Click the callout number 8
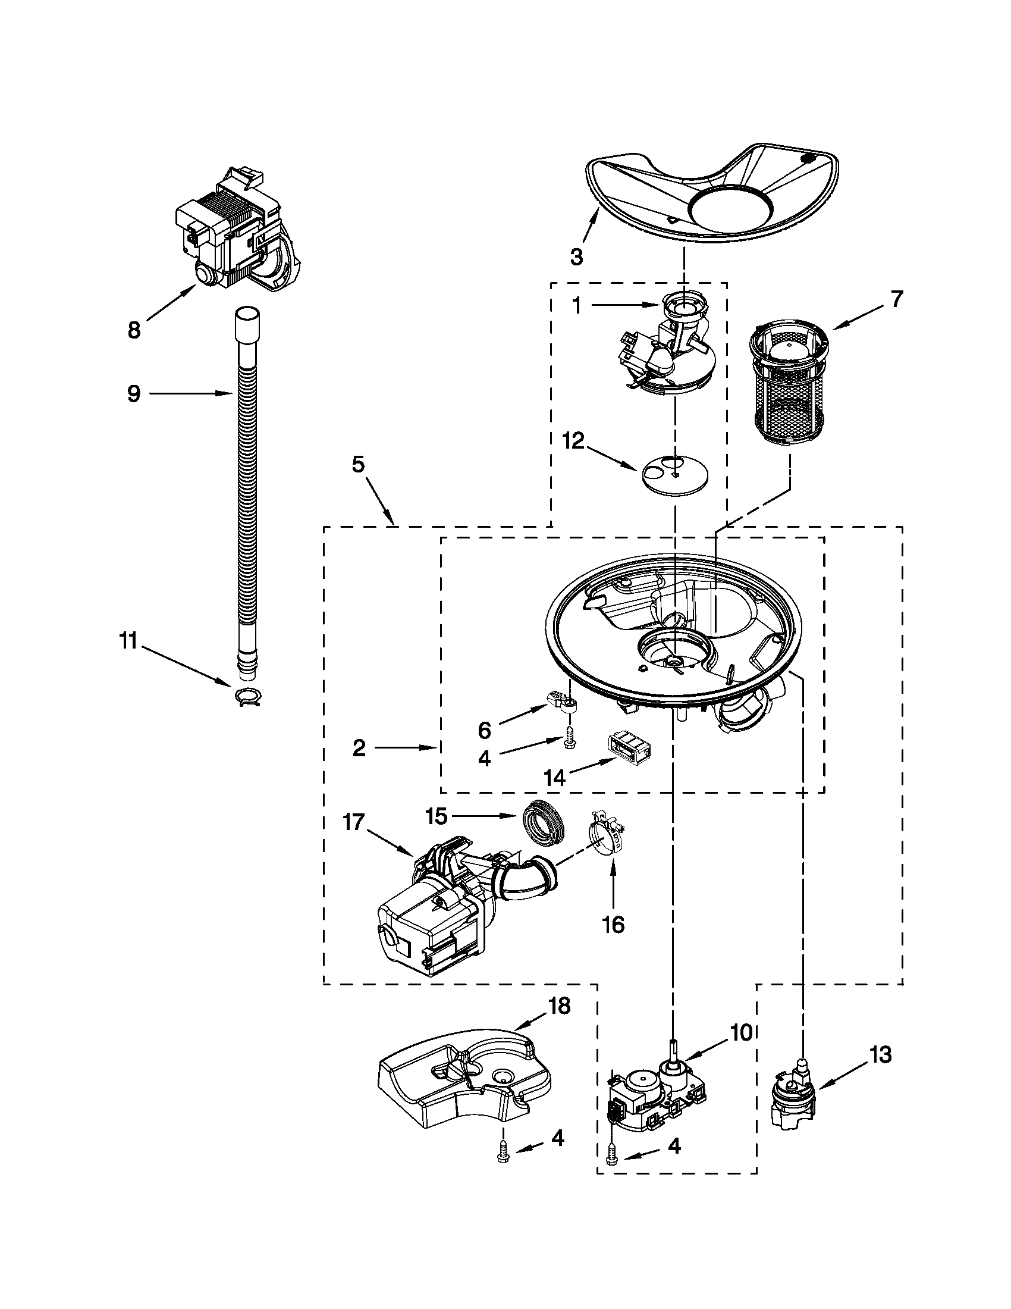pos(134,330)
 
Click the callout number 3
pos(576,257)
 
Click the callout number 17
pos(354,822)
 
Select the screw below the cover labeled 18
pos(503,1157)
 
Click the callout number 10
pos(741,1032)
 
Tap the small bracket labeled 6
pos(562,700)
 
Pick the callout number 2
pos(359,748)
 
